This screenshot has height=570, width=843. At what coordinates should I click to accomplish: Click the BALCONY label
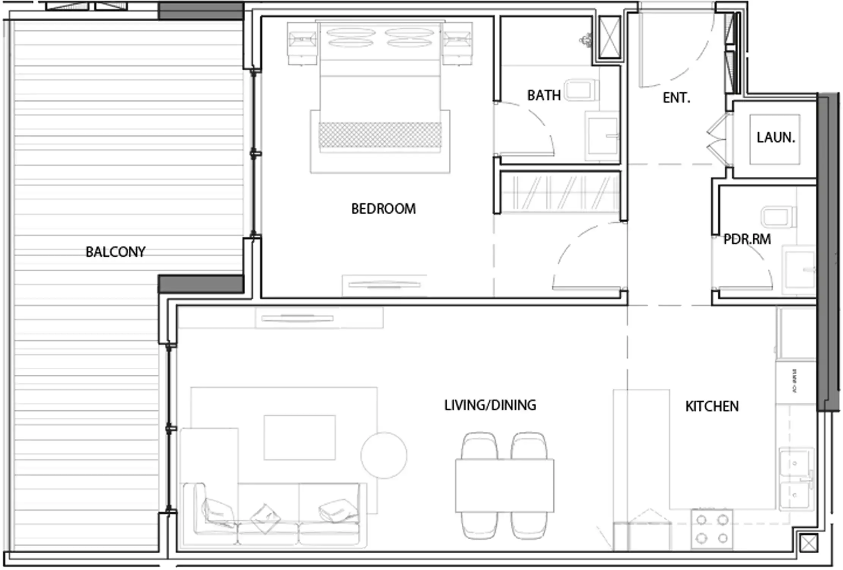coord(115,252)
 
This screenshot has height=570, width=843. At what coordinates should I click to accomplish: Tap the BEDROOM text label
coord(383,209)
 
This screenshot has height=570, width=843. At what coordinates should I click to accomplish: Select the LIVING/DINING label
coord(490,405)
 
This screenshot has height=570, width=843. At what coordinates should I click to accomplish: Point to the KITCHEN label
coord(712,407)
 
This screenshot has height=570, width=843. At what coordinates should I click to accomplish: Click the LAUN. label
coord(775,138)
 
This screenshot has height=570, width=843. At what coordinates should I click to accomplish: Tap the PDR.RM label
coord(747,239)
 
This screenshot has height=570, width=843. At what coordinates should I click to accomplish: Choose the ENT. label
coord(676,98)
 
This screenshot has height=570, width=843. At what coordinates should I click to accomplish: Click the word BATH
coord(544,95)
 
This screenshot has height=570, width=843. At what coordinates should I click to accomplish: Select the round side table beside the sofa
coord(384,455)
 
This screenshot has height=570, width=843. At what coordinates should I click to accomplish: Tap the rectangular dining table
coord(504,485)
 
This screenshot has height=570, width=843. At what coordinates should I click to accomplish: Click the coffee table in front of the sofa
coord(300,437)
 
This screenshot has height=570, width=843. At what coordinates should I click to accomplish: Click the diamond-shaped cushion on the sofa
coord(265,519)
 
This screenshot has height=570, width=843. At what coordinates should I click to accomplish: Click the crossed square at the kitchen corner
coord(808,544)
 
